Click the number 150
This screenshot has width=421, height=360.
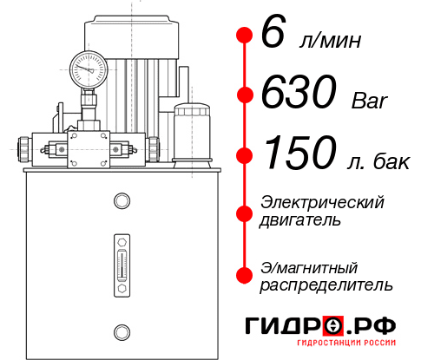click(x=299, y=154)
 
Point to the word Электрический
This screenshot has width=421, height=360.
click(x=322, y=202)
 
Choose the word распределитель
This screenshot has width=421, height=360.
click(x=326, y=285)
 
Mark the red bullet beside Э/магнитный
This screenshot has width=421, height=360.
click(x=245, y=276)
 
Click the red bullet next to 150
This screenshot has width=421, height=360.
click(x=245, y=155)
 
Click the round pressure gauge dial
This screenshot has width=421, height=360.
click(x=88, y=67)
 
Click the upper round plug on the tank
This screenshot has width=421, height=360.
click(x=121, y=202)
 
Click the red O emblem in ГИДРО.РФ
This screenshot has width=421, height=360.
click(x=332, y=325)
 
